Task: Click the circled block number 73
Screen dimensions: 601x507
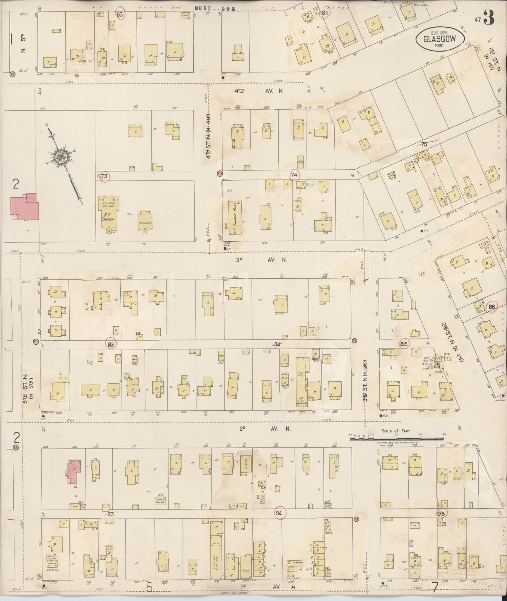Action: [104, 176]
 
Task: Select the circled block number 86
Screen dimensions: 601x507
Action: [492, 307]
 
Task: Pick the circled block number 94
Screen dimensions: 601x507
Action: [279, 513]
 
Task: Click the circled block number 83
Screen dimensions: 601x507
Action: [111, 345]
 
